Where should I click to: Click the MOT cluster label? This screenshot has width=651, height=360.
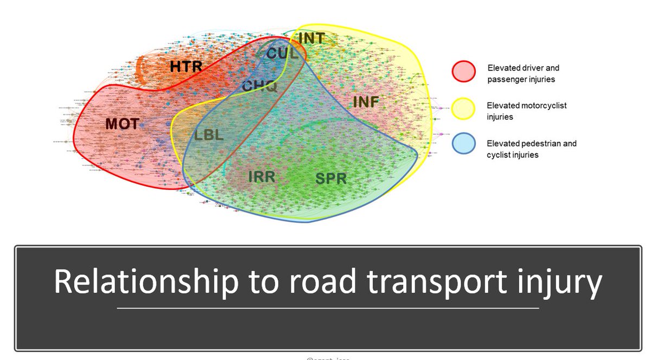(122, 124)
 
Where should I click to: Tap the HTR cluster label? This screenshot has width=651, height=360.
(186, 67)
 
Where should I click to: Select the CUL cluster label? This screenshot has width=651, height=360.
(282, 54)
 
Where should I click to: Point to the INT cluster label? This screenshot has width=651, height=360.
(311, 38)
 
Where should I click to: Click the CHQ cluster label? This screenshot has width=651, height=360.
(259, 86)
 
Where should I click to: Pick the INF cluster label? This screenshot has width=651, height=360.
(366, 101)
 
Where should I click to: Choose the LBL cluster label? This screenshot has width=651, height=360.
(209, 134)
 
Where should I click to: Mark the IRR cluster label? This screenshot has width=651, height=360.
(261, 177)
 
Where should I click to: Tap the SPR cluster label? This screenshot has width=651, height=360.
(330, 178)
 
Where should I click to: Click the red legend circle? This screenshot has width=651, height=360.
(463, 72)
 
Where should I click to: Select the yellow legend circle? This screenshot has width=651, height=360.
(463, 110)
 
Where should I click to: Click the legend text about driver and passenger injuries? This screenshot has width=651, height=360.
(523, 73)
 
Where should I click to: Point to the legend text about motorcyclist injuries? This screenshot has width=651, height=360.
(526, 111)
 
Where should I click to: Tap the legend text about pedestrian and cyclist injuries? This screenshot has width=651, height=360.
(531, 148)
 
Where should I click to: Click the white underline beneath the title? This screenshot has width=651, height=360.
(328, 308)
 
